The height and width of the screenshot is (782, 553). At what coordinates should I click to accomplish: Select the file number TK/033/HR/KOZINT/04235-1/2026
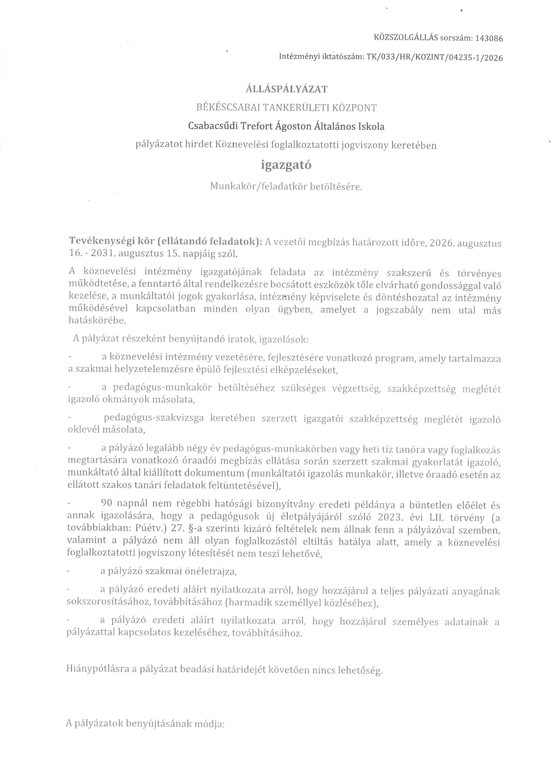[434, 58]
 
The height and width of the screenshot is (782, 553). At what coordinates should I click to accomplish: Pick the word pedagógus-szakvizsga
[154, 418]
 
